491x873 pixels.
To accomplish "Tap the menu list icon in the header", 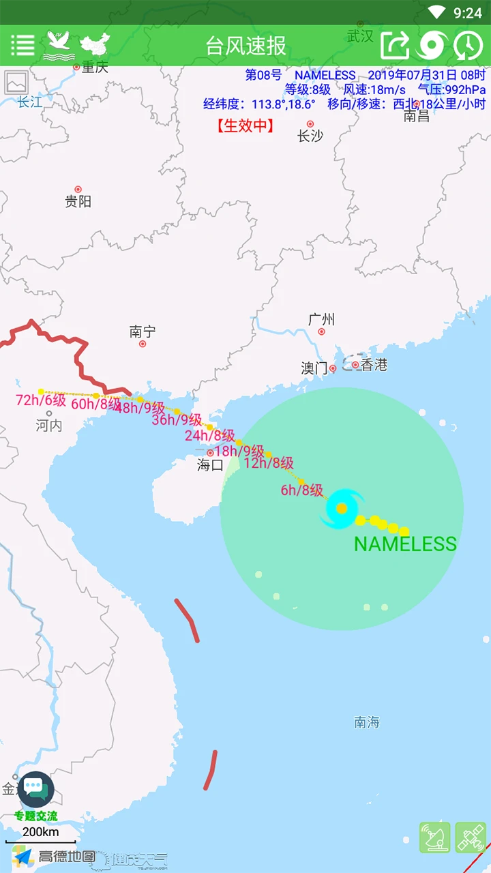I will pyautogui.click(x=23, y=46).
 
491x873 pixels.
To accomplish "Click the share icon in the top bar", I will pyautogui.click(x=395, y=46).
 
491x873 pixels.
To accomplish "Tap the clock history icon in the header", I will pyautogui.click(x=468, y=46).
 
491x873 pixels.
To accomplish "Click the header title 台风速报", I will pyautogui.click(x=245, y=46).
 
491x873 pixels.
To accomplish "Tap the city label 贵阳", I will pyautogui.click(x=78, y=201).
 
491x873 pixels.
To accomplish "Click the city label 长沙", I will pyautogui.click(x=310, y=136).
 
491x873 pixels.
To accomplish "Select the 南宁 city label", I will pyautogui.click(x=143, y=332).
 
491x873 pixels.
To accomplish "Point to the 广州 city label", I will pyautogui.click(x=321, y=319).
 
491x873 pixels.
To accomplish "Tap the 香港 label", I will pyautogui.click(x=374, y=366).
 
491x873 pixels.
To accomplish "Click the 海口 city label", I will pyautogui.click(x=210, y=465).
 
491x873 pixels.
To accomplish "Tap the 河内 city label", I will pyautogui.click(x=49, y=426).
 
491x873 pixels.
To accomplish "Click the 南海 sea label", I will pyautogui.click(x=367, y=722).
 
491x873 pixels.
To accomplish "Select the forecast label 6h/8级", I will pyautogui.click(x=301, y=490).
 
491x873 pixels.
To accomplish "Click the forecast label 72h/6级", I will pyautogui.click(x=40, y=400).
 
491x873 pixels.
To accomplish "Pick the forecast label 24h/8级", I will pyautogui.click(x=209, y=436).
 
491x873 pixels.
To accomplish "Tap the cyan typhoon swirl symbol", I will pyautogui.click(x=342, y=508).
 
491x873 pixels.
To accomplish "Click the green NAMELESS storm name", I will pyautogui.click(x=405, y=544).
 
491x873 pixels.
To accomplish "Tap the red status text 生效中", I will pyautogui.click(x=245, y=125).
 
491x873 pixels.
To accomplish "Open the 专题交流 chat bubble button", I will pyautogui.click(x=35, y=791).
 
